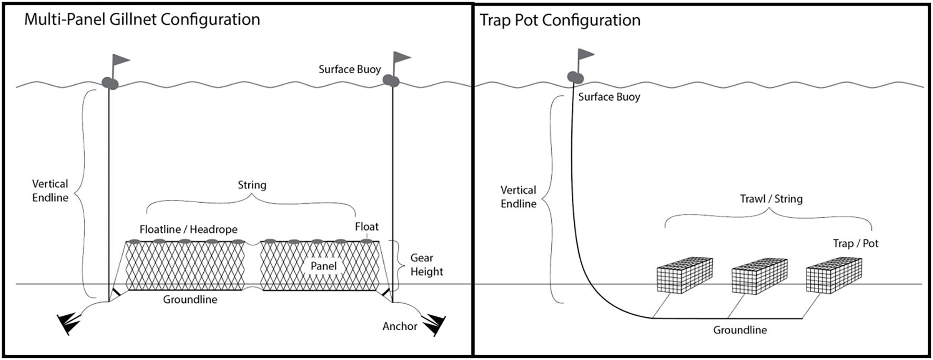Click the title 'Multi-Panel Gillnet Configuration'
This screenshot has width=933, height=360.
(x=142, y=19)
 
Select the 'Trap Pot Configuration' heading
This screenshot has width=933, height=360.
(x=560, y=21)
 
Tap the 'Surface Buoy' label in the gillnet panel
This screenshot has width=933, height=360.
(x=350, y=69)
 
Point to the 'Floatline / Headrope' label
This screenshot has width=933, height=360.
(x=188, y=229)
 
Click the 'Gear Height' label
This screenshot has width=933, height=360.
(x=426, y=265)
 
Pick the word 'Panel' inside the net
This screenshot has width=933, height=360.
(x=323, y=266)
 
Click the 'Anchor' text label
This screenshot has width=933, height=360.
(x=400, y=326)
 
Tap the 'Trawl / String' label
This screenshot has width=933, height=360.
(x=771, y=199)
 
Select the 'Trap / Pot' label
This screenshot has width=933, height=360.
(x=855, y=243)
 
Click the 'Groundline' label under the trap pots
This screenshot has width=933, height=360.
(x=740, y=330)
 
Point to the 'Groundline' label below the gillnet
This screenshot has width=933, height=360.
(x=190, y=299)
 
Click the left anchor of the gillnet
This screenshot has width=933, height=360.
(x=69, y=323)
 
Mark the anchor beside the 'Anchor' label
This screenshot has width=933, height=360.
(x=435, y=324)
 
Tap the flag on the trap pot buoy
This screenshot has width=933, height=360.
(x=586, y=54)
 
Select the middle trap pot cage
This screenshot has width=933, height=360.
(x=759, y=276)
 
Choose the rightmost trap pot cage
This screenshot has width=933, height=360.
(x=833, y=274)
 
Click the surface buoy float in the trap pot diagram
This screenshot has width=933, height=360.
(x=575, y=77)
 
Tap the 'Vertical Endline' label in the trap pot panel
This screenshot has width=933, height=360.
(x=518, y=197)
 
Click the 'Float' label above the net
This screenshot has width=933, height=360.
(x=366, y=227)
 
